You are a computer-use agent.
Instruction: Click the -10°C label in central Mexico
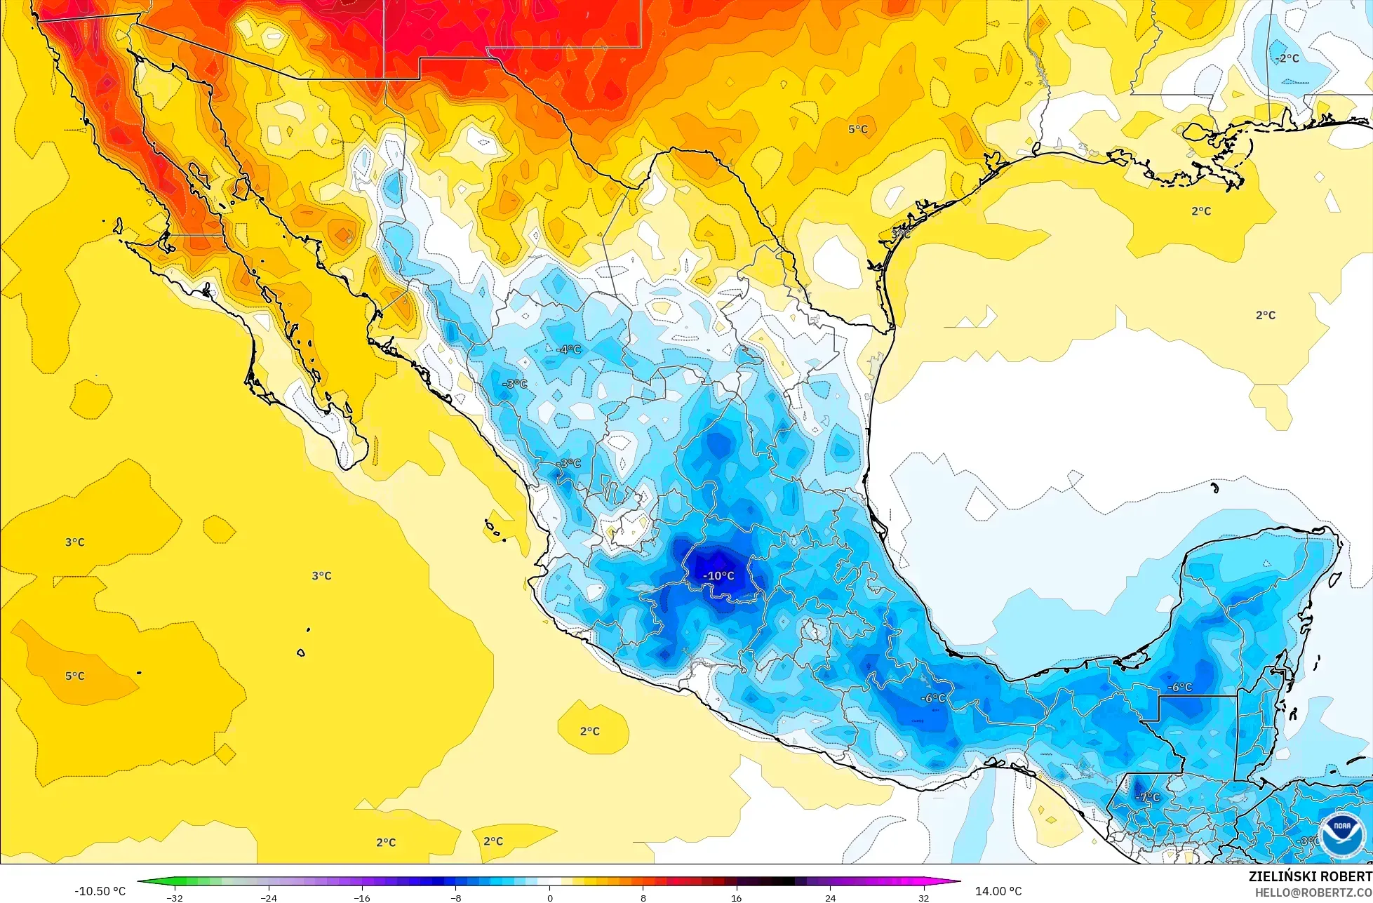[x=718, y=576]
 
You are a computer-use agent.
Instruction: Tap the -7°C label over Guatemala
[x=1148, y=798]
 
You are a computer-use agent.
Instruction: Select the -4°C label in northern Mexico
[x=568, y=349]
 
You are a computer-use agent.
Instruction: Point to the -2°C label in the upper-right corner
[x=1287, y=59]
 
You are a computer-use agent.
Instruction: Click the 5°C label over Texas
[x=857, y=129]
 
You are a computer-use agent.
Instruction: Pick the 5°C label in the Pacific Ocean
[x=74, y=676]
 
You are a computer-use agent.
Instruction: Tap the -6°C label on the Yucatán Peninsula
[x=1179, y=688]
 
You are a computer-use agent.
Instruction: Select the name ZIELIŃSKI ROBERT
[x=1310, y=876]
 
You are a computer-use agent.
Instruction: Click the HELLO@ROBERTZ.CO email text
[x=1313, y=892]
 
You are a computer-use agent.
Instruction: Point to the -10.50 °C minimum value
[x=100, y=891]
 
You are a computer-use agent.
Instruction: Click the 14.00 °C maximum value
[x=998, y=891]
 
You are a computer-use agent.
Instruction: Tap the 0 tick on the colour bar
[x=549, y=897]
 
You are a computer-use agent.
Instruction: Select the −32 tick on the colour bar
[x=175, y=897]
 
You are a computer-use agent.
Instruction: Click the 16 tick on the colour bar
[x=736, y=897]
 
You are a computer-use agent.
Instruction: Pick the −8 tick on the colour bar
[x=456, y=897]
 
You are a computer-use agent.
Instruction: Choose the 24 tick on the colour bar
[x=830, y=897]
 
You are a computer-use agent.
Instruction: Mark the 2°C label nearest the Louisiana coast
[x=1200, y=211]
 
